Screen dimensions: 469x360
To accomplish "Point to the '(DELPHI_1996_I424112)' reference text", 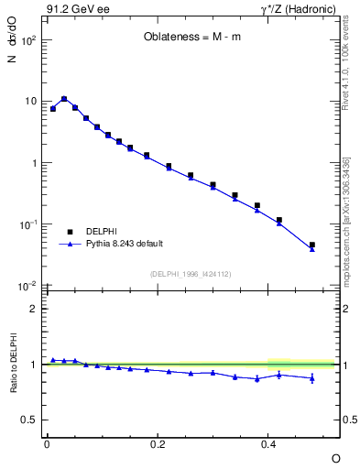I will pyautogui.click(x=191, y=274).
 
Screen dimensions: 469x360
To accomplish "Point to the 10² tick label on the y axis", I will pyautogui.click(x=27, y=41).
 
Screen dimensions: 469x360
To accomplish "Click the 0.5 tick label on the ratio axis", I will pyautogui.click(x=29, y=420).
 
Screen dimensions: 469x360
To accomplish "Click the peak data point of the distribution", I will pyautogui.click(x=64, y=99).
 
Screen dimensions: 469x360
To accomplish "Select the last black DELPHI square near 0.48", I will pyautogui.click(x=312, y=245).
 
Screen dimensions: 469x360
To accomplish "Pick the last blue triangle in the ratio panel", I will pyautogui.click(x=312, y=378).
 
